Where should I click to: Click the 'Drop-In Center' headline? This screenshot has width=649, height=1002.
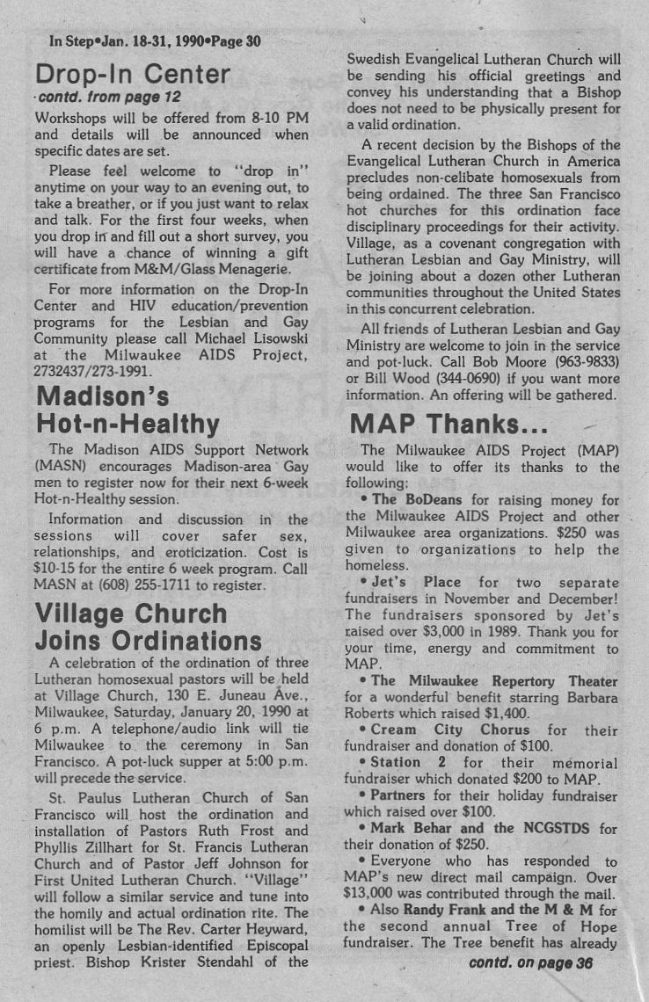pos(132,73)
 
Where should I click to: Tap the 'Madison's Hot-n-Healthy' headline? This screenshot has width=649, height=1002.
pos(127,410)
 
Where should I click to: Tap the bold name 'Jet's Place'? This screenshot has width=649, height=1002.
pos(415,582)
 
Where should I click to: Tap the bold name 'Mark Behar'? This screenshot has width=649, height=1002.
pos(408,829)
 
